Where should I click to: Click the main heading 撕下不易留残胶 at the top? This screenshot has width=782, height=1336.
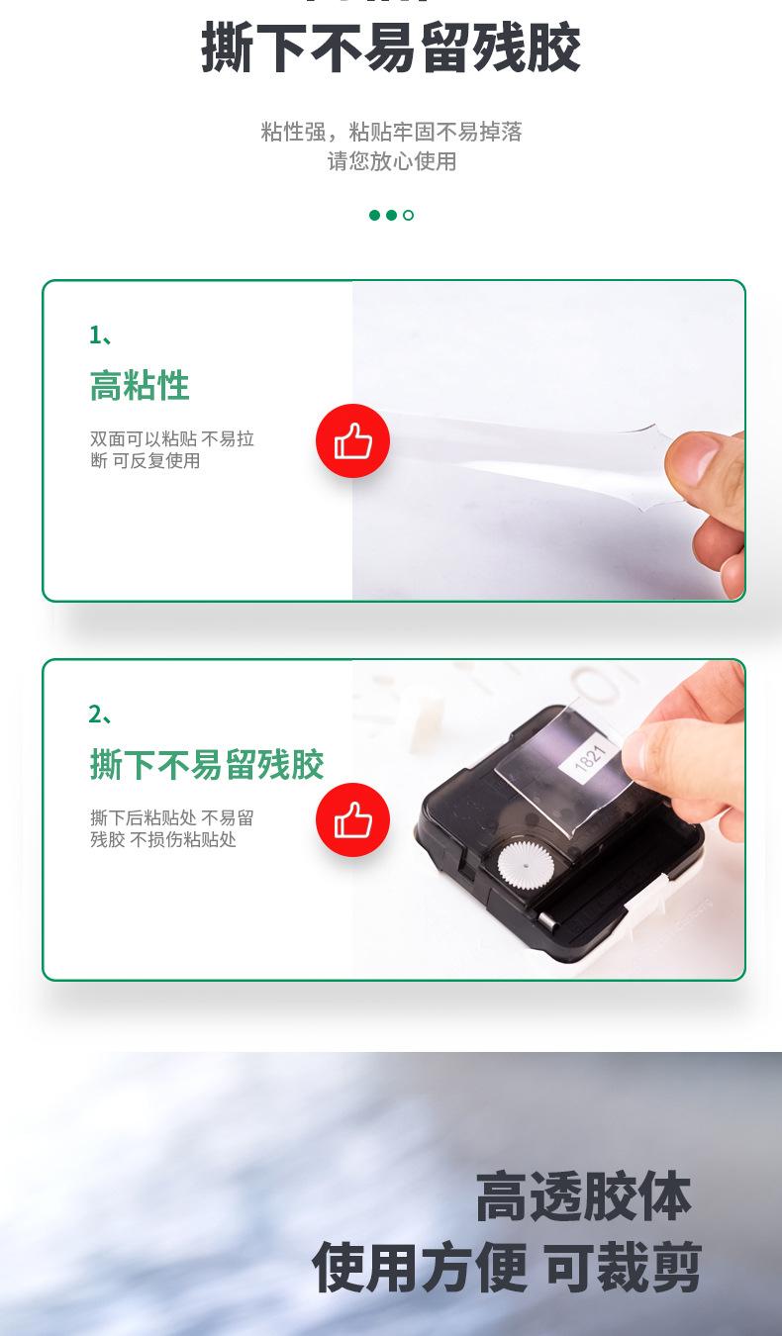click(391, 48)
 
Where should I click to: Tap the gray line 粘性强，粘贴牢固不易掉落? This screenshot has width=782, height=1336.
click(391, 132)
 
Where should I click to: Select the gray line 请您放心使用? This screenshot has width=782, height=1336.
click(391, 161)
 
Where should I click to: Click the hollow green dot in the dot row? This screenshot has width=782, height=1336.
click(408, 215)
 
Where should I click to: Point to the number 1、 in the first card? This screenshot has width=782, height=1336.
click(101, 335)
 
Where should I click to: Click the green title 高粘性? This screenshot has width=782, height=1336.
click(140, 385)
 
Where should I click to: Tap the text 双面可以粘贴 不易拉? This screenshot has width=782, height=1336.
click(172, 438)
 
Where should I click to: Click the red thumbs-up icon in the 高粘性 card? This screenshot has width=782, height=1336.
click(352, 441)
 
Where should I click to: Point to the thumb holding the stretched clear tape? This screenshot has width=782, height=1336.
click(705, 458)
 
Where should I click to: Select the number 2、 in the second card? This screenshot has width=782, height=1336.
click(101, 714)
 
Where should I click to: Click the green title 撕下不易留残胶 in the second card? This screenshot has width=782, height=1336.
click(207, 764)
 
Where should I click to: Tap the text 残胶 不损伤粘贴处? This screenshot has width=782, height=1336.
click(163, 840)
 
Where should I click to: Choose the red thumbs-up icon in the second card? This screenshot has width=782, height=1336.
click(352, 820)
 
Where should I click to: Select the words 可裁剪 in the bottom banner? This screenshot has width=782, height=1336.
click(623, 1268)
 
